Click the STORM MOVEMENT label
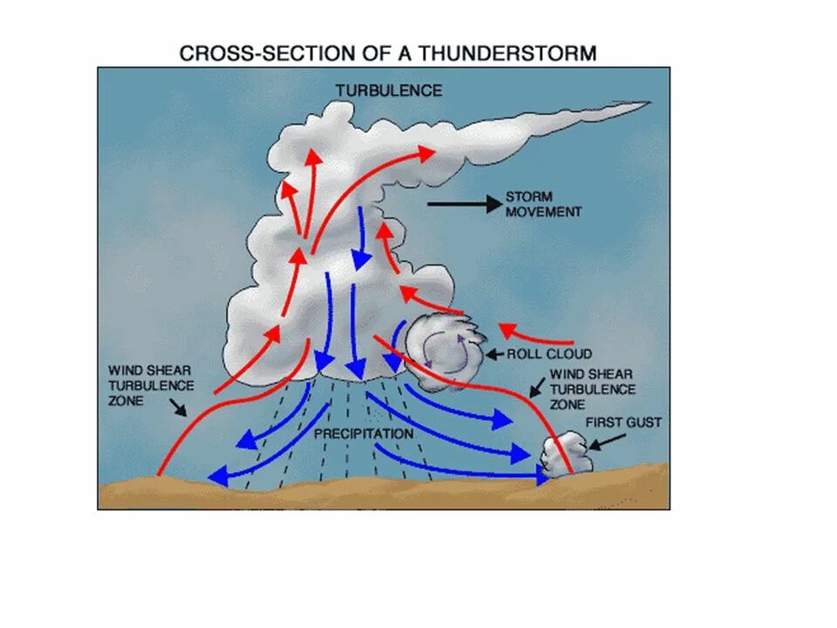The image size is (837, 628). tap(543, 204)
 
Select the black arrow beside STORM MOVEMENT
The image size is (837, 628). tap(462, 203)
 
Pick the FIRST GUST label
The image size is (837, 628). tap(623, 422)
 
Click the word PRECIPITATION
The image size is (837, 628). tap(364, 433)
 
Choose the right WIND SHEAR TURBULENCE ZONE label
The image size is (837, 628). tap(592, 390)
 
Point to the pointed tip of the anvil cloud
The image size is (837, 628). tap(645, 104)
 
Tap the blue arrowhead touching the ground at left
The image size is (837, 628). tap(217, 475)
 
